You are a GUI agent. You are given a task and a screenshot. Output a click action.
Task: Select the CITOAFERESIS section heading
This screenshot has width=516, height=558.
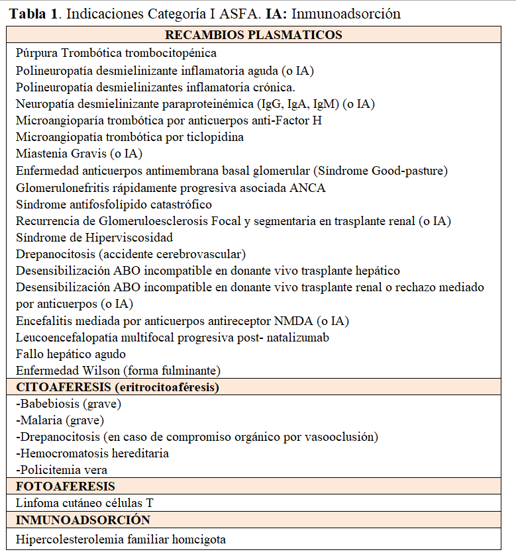coord(117,387)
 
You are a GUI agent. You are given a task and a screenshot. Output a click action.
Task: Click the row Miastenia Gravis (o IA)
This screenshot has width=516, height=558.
coord(79,154)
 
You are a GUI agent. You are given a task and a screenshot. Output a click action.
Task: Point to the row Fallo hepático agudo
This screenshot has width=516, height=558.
coord(71,353)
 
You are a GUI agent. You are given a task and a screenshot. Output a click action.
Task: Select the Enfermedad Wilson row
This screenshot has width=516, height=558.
coord(118,370)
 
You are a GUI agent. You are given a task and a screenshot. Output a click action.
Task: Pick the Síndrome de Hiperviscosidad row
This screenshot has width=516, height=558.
coord(94,237)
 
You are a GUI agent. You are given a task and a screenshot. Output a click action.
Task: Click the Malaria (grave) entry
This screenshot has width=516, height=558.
coord(60,420)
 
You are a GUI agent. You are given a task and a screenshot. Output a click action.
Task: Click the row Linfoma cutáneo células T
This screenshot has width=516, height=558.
coord(84,503)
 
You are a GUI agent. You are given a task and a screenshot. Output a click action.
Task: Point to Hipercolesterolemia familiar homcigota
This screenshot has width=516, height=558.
coord(121,539)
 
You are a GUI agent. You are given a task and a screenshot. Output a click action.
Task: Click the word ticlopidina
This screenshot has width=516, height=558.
coord(214,137)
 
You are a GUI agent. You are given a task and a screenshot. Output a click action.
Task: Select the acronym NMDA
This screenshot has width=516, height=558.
coord(293,320)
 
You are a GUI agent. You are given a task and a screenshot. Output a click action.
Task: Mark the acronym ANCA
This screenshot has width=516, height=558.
coord(307,187)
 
